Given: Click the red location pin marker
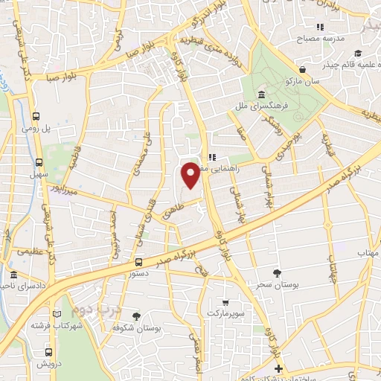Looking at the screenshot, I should tap(191, 176).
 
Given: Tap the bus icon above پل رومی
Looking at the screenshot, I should tap(36, 116).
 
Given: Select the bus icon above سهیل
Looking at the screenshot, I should tap(39, 162).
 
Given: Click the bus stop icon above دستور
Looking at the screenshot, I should tap(138, 262).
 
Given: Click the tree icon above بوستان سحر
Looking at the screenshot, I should tap(278, 273).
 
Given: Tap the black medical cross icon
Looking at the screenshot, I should tap(278, 369).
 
